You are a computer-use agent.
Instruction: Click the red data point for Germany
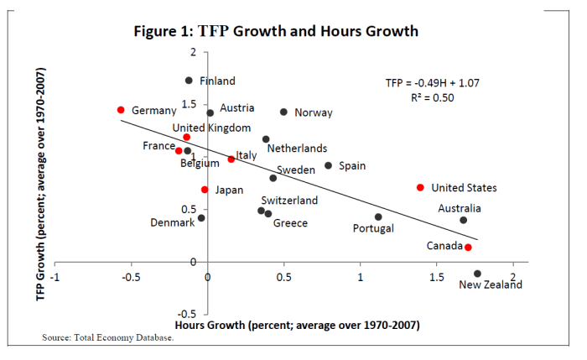(121, 110)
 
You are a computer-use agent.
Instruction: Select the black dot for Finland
(189, 81)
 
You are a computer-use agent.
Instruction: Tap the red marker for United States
(420, 187)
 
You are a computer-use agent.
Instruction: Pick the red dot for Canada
(468, 248)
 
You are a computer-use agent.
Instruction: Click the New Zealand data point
(477, 274)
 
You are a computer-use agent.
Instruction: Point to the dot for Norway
(283, 112)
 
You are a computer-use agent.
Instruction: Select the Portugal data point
(378, 217)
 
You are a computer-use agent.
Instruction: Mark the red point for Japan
(204, 190)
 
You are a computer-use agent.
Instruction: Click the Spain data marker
(328, 165)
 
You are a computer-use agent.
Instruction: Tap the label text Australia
(460, 208)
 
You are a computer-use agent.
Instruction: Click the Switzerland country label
(289, 201)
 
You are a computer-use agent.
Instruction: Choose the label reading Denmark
(173, 222)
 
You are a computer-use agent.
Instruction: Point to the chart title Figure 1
(276, 31)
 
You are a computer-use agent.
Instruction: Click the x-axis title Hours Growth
(297, 324)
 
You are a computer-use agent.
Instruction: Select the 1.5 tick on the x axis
(437, 277)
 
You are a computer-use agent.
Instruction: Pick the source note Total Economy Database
(107, 338)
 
